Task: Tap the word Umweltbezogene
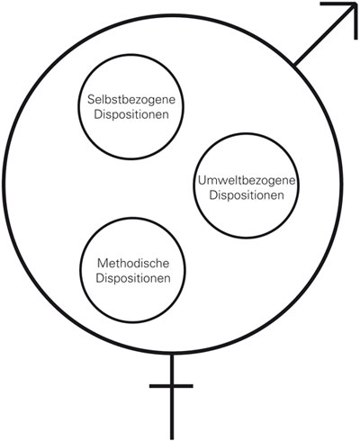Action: [246, 181]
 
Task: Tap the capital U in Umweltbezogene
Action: [200, 181]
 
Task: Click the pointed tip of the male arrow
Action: [354, 5]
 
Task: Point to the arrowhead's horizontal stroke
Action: [333, 5]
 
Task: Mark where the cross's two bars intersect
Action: [171, 387]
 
